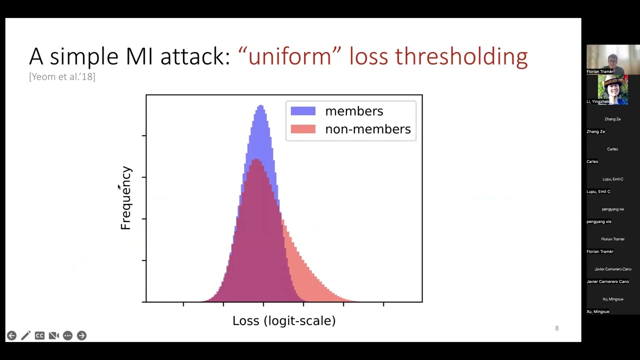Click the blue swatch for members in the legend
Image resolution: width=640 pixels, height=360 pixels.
tap(303, 111)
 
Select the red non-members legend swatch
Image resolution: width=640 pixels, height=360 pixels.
tap(303, 129)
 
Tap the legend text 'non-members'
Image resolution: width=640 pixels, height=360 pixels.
tap(367, 129)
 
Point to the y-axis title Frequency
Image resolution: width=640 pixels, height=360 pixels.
tap(125, 198)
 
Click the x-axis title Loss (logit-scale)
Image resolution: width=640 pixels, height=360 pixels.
tap(283, 320)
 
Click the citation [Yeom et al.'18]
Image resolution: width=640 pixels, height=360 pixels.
tap(62, 76)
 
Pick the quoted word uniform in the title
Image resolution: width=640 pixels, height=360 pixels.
tap(289, 56)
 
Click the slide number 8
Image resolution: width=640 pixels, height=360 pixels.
tap(556, 328)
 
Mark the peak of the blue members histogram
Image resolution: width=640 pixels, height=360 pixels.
tap(260, 106)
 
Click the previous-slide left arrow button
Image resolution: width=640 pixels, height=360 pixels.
tap(11, 335)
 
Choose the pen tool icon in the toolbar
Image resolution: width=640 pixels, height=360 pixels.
tap(25, 335)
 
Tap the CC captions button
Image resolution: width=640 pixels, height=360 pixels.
tap(39, 335)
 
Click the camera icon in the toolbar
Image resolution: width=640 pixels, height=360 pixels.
tap(53, 335)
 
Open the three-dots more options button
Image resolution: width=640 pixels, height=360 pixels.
tap(67, 335)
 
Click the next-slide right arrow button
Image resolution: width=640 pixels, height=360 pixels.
tap(81, 335)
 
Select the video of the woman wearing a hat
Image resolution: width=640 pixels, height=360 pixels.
tap(612, 89)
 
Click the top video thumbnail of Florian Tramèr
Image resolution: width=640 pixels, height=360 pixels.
tap(612, 59)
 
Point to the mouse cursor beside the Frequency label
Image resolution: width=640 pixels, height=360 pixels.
tap(119, 187)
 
